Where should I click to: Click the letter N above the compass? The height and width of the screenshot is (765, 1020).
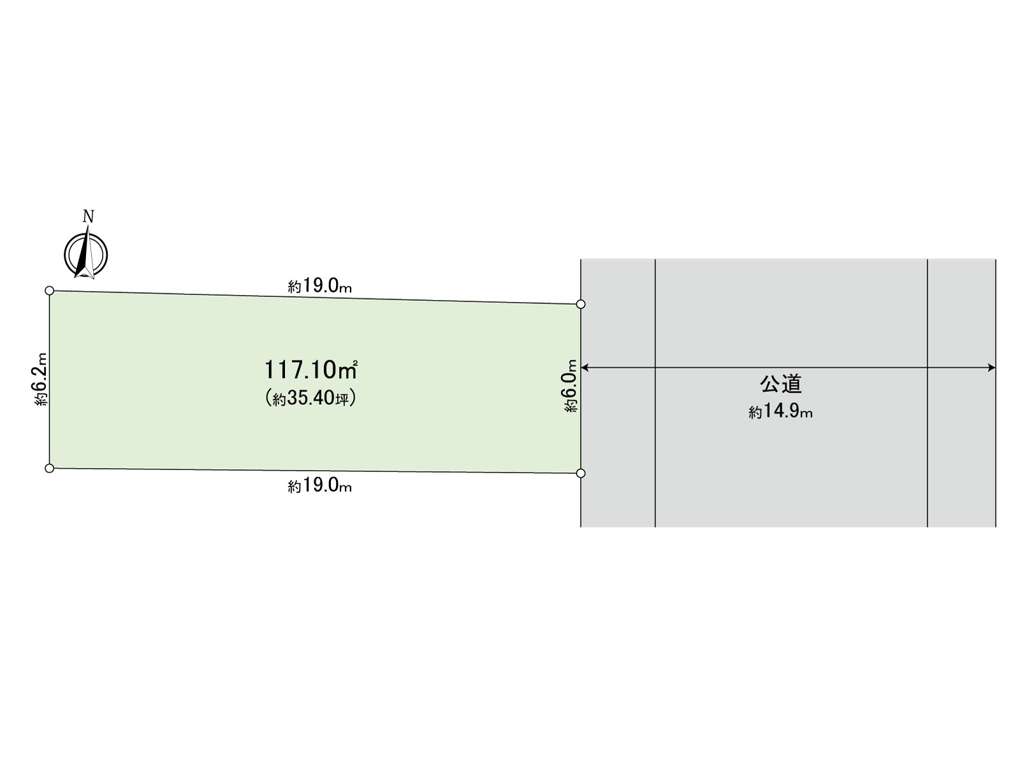(88, 217)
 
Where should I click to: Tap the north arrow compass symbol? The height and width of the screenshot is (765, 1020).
(86, 253)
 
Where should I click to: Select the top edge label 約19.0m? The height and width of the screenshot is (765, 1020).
(320, 286)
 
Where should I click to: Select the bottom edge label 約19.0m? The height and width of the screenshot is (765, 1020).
(320, 486)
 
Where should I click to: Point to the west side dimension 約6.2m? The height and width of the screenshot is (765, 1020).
(41, 379)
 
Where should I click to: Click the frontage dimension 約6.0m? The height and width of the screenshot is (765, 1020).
(571, 386)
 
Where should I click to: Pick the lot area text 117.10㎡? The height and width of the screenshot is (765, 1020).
(311, 370)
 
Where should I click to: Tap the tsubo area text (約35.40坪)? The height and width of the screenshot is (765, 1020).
(310, 398)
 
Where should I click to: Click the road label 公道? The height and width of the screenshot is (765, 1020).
(781, 384)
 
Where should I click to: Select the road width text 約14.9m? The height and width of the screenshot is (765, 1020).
(781, 411)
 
